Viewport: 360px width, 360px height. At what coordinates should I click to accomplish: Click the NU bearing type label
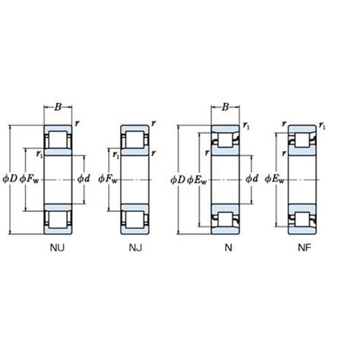click(57, 248)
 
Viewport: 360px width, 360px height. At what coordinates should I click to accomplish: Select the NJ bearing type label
click(135, 248)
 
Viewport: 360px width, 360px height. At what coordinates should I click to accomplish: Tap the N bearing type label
click(229, 248)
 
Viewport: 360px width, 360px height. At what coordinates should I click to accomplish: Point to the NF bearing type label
click(305, 248)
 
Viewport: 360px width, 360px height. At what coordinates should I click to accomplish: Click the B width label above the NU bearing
click(58, 107)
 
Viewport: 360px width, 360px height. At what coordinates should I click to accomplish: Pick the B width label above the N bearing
click(225, 107)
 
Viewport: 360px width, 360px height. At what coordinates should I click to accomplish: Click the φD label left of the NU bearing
click(10, 179)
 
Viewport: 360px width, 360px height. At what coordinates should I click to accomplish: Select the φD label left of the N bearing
click(178, 180)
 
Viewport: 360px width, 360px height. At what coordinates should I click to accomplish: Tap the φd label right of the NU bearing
click(84, 178)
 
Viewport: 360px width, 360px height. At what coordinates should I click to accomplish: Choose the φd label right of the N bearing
click(251, 178)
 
